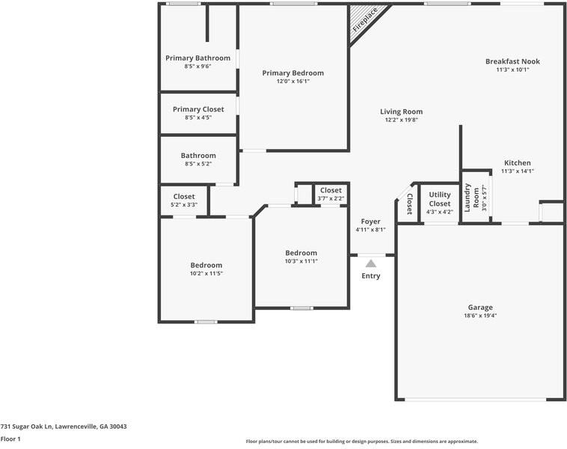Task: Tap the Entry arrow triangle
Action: click(x=371, y=263)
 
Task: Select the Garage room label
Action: click(x=480, y=307)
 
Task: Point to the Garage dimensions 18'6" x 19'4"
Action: click(x=480, y=316)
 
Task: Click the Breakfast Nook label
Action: click(x=512, y=61)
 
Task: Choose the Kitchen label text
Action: click(x=517, y=162)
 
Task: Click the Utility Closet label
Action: click(x=440, y=199)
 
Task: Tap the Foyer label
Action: click(x=370, y=222)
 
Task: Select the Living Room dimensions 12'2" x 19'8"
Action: click(x=402, y=120)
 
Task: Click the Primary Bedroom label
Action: click(x=292, y=73)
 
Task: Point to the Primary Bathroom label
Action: click(x=197, y=58)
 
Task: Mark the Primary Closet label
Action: click(x=197, y=109)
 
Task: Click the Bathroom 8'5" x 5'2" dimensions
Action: click(x=197, y=164)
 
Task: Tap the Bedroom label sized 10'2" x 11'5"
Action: click(x=206, y=265)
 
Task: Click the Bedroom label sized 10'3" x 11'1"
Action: click(x=301, y=253)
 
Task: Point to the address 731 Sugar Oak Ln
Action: click(x=64, y=427)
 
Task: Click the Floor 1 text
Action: click(x=10, y=439)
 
